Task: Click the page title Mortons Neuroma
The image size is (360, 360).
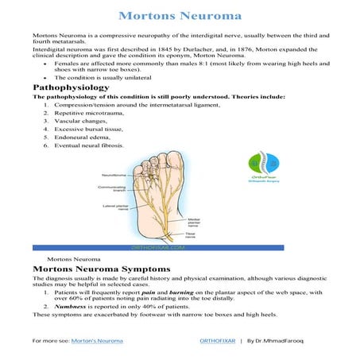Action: (180, 15)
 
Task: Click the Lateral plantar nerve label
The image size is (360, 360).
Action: (110, 207)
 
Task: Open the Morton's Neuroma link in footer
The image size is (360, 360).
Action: (97, 340)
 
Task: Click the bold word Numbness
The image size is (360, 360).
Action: (68, 305)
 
